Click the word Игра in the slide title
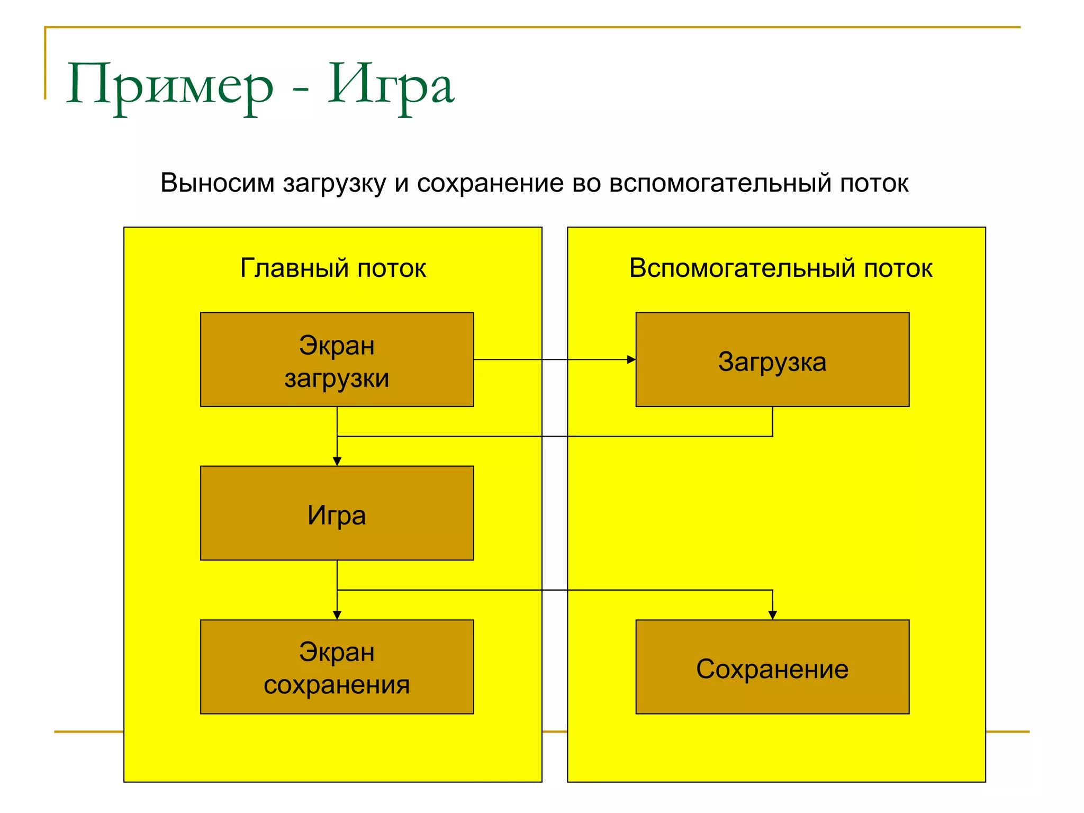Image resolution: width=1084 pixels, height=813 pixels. [391, 85]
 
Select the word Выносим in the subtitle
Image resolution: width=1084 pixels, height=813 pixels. [218, 183]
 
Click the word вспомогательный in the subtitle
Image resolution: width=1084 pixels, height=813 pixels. [720, 183]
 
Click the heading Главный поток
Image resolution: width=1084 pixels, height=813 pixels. [333, 268]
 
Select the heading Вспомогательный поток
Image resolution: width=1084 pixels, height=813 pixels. [780, 268]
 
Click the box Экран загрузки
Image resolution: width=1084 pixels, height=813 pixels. [337, 360]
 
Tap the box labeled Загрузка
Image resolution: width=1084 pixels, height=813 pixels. [772, 360]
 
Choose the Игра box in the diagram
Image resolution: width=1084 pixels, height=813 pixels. [337, 513]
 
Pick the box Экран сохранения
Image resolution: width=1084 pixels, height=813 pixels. [337, 667]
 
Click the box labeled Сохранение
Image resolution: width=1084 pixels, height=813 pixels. [772, 667]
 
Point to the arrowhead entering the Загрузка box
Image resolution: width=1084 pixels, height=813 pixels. [631, 360]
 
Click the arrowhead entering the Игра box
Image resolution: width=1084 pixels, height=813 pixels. [337, 462]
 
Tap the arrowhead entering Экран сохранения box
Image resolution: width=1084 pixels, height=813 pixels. [337, 615]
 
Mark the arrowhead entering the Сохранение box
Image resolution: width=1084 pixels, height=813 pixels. [773, 615]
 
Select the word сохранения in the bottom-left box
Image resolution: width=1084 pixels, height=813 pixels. [337, 685]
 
